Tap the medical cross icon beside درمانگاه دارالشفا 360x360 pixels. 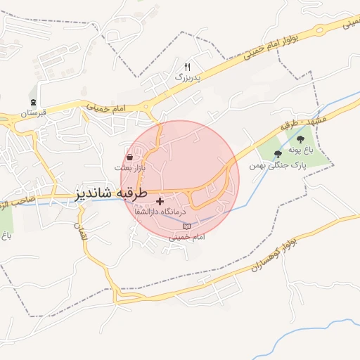click(160, 201)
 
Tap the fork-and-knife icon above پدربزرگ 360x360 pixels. click(187, 67)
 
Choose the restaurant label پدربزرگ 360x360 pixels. click(187, 77)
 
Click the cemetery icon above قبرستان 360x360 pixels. click(33, 103)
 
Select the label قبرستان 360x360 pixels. click(33, 112)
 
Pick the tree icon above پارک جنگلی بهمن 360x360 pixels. click(278, 154)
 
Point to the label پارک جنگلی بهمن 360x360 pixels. click(278, 165)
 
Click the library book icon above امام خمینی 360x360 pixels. click(186, 226)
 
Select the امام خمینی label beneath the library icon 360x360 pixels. click(186, 237)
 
